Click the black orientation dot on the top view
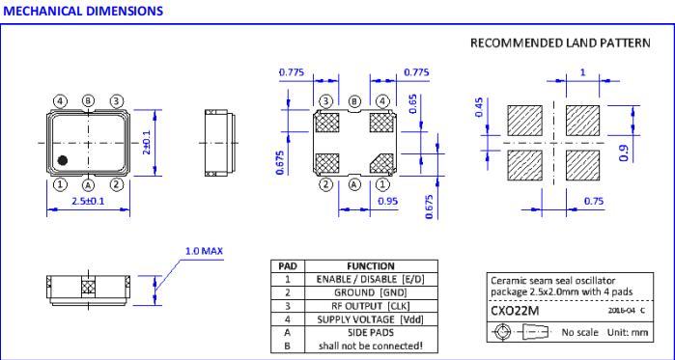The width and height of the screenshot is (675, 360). coord(63,160)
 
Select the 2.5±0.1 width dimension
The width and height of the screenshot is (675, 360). coord(88,201)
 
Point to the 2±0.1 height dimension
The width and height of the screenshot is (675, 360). coord(148,143)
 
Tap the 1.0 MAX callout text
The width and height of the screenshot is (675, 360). coord(204,251)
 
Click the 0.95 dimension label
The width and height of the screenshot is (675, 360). coord(388,202)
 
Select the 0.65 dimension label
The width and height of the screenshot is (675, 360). coord(413,103)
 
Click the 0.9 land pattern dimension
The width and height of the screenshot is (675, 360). coord(624,152)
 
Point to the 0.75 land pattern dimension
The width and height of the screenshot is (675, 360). coord(594,202)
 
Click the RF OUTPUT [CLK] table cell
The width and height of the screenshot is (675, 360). coord(371,306)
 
